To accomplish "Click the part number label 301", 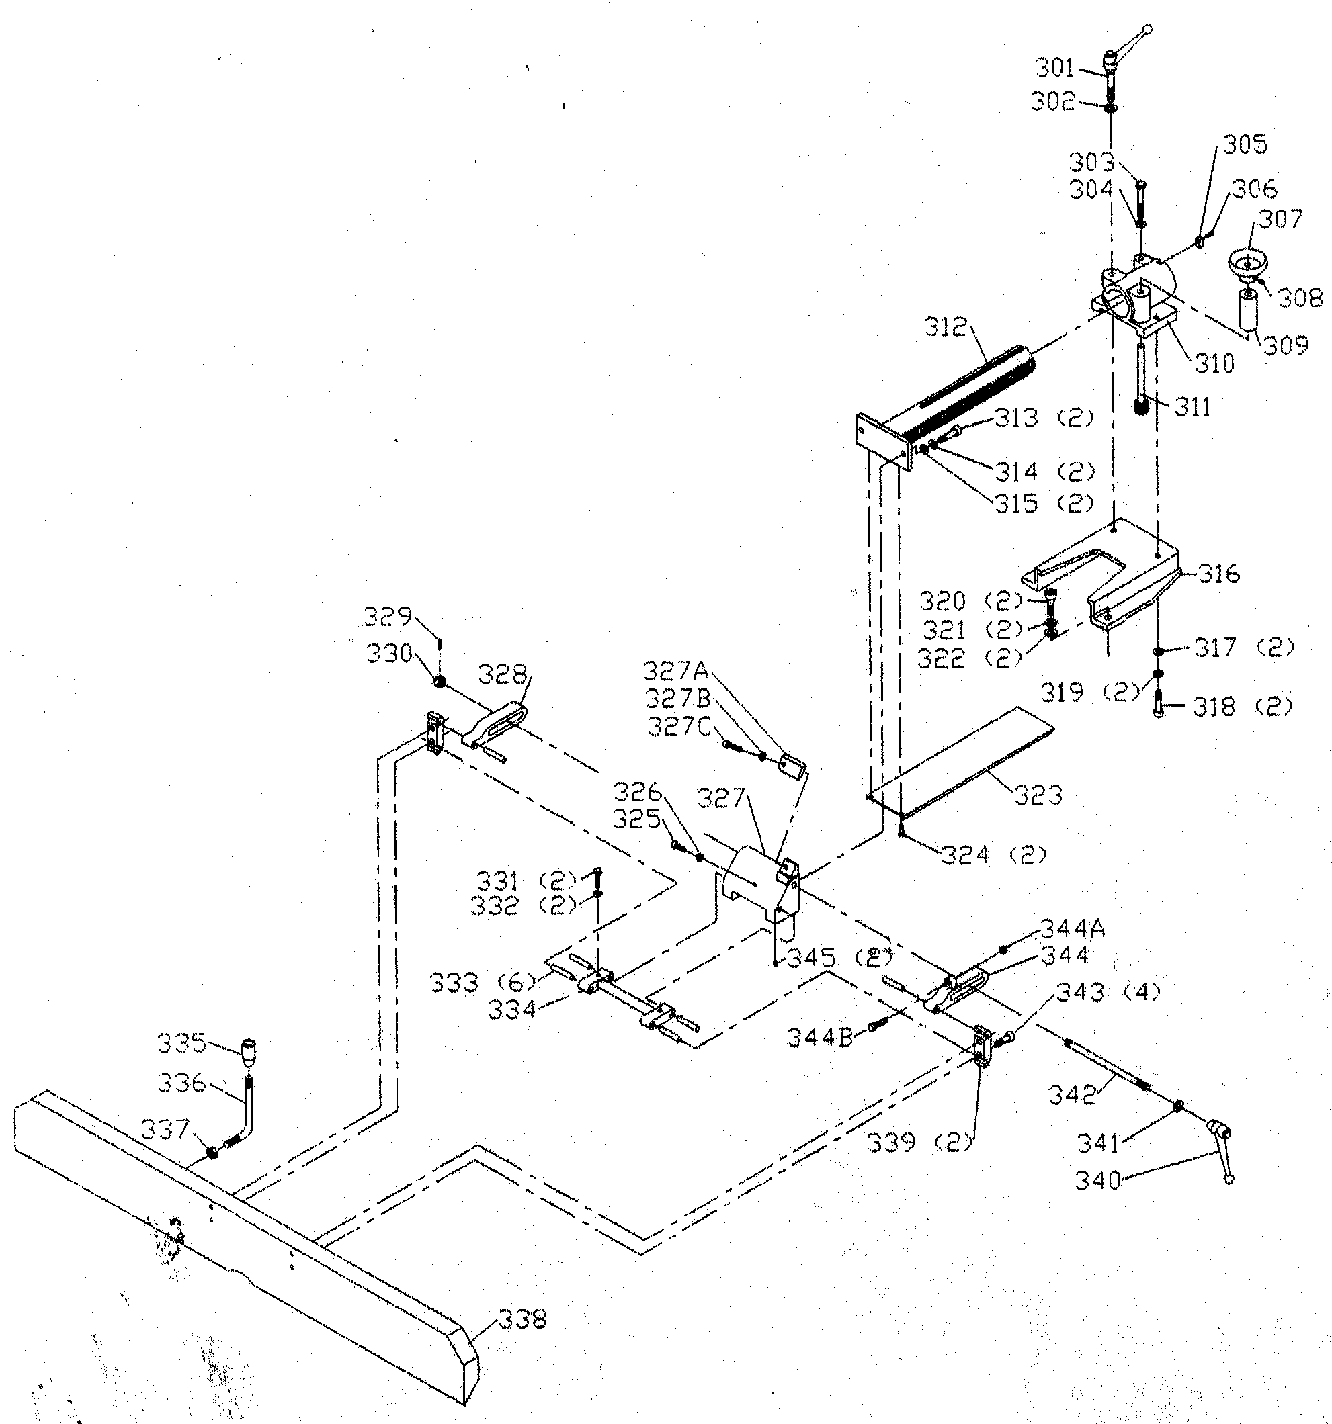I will [1054, 69].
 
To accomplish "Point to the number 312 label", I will [946, 327].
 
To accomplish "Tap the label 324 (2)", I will [995, 854].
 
